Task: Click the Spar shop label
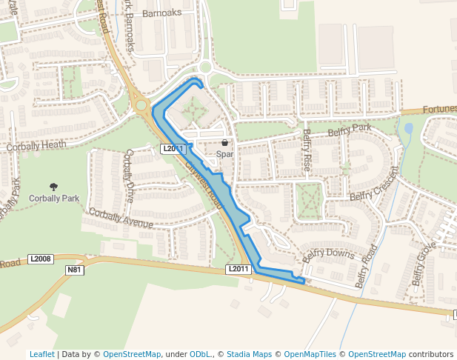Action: [x=224, y=154]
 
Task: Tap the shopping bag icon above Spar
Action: [x=224, y=143]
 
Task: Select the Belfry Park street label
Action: [x=349, y=130]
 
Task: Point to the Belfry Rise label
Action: [x=306, y=150]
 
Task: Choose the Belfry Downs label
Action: [x=328, y=255]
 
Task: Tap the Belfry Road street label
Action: [x=368, y=266]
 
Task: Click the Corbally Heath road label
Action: [x=36, y=147]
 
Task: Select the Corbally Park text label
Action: [x=53, y=199]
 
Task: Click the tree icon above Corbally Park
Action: [x=53, y=187]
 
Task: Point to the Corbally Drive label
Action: [x=130, y=176]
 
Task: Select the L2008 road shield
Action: [x=41, y=259]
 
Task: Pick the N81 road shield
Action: [x=74, y=270]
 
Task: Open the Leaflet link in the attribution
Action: [x=41, y=354]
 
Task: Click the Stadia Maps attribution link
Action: [x=250, y=354]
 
